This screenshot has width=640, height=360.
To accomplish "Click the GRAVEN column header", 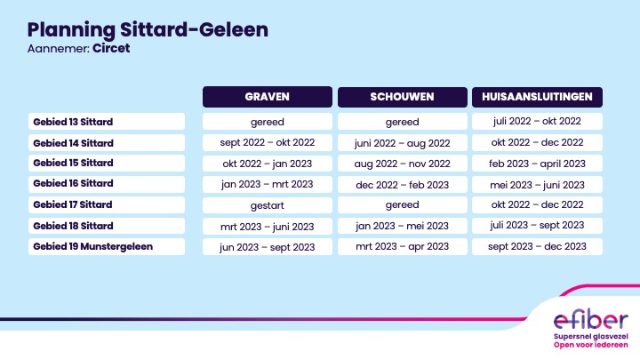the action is [268, 97].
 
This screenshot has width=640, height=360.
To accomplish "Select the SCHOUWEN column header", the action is [403, 97].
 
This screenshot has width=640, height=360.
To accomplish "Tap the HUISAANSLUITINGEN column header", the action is [537, 97].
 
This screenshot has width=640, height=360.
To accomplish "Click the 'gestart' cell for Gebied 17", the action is [268, 205].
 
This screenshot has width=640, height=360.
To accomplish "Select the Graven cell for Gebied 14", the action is [268, 142].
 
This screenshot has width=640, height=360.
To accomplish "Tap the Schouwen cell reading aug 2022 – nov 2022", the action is [403, 164].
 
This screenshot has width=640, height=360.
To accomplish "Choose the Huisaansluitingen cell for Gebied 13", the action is [537, 121].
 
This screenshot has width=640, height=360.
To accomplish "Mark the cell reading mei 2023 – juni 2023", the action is [537, 185].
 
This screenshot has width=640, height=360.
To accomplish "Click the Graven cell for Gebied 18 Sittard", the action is [268, 226].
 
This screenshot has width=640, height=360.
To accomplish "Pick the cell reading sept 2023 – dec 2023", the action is [537, 246].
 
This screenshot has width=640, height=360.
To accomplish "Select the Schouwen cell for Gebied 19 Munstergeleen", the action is [403, 246].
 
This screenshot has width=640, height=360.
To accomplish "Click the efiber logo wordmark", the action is [590, 320].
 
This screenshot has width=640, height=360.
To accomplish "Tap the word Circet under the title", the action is [111, 48].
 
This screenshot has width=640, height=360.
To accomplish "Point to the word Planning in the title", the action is [71, 30].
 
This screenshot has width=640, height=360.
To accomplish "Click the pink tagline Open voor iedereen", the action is [590, 345].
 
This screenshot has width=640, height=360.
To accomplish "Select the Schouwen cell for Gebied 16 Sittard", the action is [403, 185].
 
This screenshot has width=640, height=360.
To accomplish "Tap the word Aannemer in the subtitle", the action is [59, 49].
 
